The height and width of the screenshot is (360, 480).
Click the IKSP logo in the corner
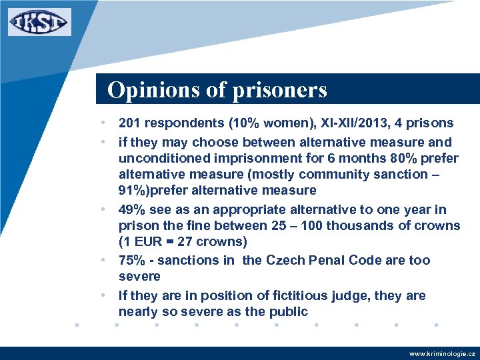(39, 21)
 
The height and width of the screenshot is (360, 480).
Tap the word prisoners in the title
(280, 89)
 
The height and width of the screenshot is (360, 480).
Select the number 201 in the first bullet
(129, 123)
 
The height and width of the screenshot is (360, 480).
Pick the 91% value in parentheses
(133, 191)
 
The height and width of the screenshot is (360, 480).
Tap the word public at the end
(288, 311)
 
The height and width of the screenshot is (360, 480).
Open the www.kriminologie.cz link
(442, 353)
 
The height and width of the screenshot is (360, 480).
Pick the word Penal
(328, 260)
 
